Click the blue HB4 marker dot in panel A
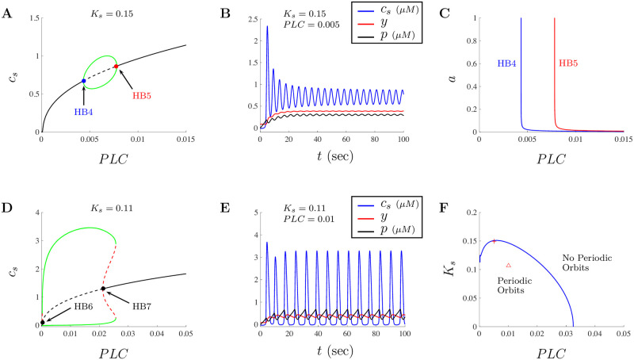(x=84, y=81)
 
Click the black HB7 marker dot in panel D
(x=103, y=289)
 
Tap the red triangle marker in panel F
(x=508, y=266)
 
